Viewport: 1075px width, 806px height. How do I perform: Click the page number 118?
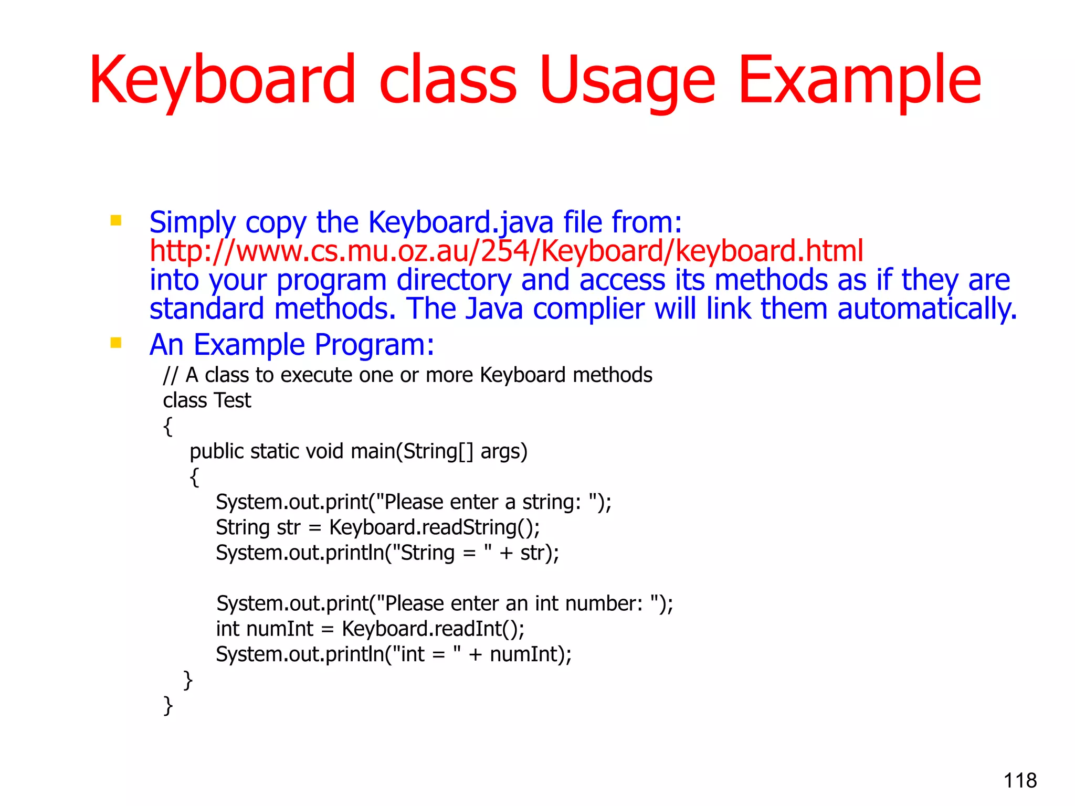1020,780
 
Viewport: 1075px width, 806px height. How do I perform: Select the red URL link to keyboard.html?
506,251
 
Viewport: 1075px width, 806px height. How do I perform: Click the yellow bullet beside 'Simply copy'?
116,220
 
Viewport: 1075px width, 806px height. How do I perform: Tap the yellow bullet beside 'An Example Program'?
116,343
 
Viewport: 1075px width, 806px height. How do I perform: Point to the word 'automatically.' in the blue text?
927,309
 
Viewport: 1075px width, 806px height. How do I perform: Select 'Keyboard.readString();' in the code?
434,527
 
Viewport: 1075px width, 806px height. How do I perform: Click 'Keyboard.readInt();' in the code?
433,629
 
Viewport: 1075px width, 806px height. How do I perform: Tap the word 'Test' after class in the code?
233,400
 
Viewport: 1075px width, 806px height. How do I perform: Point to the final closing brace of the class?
168,705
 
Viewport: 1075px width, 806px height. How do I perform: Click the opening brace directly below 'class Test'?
168,426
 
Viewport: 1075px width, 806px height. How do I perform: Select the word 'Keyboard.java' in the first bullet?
460,222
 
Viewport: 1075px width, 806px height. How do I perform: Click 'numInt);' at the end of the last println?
531,654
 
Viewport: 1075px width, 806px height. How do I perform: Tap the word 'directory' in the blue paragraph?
454,280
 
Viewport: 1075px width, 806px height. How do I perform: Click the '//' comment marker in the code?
171,375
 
